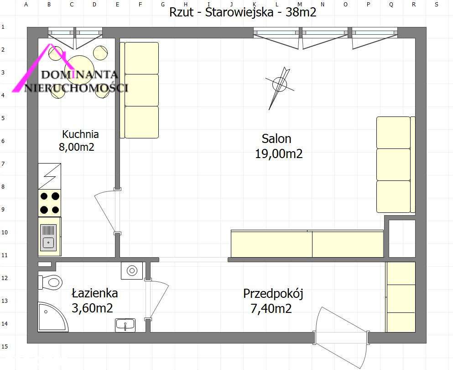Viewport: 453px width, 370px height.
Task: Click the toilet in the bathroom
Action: pyautogui.click(x=51, y=281)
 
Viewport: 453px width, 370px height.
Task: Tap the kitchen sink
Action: pyautogui.click(x=49, y=237)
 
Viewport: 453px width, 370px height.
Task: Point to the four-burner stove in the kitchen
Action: pyautogui.click(x=50, y=203)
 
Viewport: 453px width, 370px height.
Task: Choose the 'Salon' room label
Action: pyautogui.click(x=276, y=138)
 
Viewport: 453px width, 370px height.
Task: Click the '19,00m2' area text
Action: pyautogui.click(x=278, y=154)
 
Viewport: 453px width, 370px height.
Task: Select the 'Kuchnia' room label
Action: pyautogui.click(x=80, y=134)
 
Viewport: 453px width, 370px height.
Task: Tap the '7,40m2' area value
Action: pyautogui.click(x=271, y=309)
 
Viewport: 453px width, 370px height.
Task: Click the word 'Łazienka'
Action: pyautogui.click(x=95, y=293)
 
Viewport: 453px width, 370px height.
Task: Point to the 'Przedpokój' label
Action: pyautogui.click(x=273, y=293)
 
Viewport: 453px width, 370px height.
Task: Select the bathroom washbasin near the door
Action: pyautogui.click(x=125, y=324)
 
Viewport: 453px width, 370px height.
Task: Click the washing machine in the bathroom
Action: pyautogui.click(x=132, y=270)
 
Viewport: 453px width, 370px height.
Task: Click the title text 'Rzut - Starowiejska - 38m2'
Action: pyautogui.click(x=243, y=12)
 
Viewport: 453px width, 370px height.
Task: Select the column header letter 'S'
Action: pyautogui.click(x=437, y=5)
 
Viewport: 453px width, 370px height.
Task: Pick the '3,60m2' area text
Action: pyautogui.click(x=92, y=308)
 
